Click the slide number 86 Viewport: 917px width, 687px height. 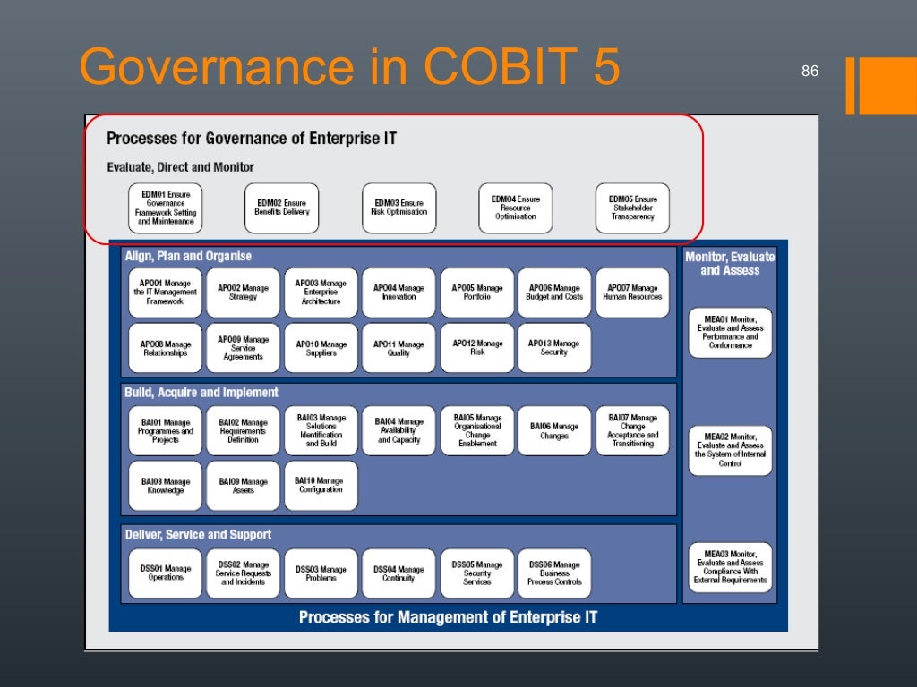click(810, 72)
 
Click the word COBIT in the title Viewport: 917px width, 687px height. click(470, 68)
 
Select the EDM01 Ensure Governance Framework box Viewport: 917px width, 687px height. click(166, 208)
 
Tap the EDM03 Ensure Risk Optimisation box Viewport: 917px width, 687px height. click(399, 208)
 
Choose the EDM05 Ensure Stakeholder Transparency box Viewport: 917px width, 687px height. click(632, 208)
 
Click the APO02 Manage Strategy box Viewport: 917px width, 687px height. click(243, 293)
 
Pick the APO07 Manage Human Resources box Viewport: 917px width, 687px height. click(632, 293)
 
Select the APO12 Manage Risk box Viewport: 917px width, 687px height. click(477, 348)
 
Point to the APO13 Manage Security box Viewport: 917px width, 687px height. click(554, 348)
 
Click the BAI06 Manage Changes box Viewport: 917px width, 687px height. click(554, 431)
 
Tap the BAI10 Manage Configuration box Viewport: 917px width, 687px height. click(321, 486)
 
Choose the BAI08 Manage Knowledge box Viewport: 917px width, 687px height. click(166, 486)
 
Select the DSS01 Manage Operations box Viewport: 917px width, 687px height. click(166, 572)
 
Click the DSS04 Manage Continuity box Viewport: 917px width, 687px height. click(399, 573)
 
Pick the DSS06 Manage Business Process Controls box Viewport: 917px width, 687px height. click(554, 573)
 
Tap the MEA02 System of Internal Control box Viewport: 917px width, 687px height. click(730, 450)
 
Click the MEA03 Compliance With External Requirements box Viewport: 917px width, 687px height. click(730, 568)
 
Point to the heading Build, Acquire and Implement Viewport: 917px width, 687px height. click(201, 392)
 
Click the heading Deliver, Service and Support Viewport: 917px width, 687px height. click(198, 534)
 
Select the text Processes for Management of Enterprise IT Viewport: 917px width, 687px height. click(448, 617)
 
